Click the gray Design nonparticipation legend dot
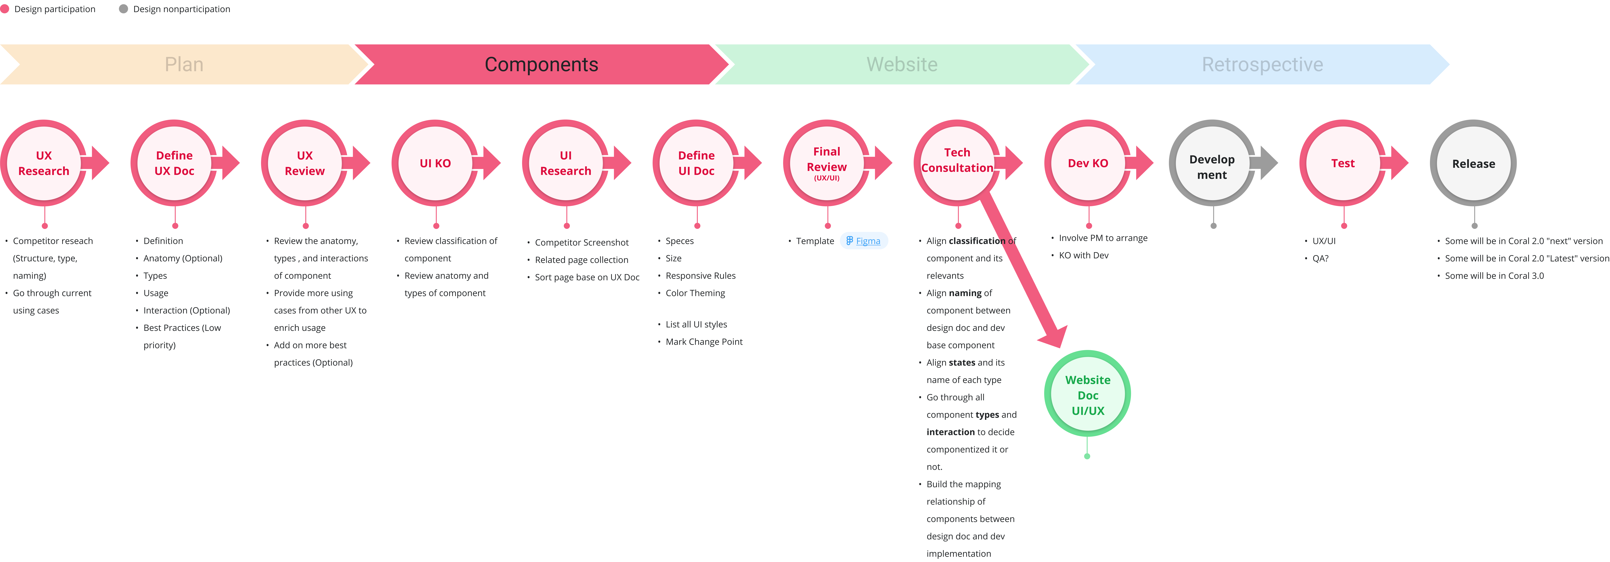pyautogui.click(x=123, y=9)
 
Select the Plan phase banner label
pyautogui.click(x=184, y=64)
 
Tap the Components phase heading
pyautogui.click(x=541, y=64)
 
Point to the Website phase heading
pyautogui.click(x=902, y=64)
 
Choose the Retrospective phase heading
pyautogui.click(x=1263, y=64)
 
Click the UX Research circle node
pyautogui.click(x=44, y=163)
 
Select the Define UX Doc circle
pyautogui.click(x=174, y=163)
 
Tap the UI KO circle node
pyautogui.click(x=435, y=163)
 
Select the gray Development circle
pyautogui.click(x=1212, y=163)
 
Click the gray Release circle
pyautogui.click(x=1473, y=163)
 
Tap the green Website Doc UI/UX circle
pyautogui.click(x=1088, y=394)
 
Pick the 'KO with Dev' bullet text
pyautogui.click(x=1084, y=255)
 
